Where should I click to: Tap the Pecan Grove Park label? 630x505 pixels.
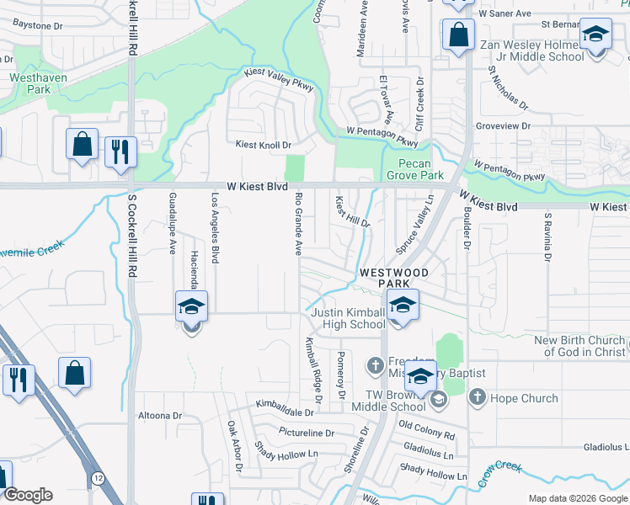(x=414, y=170)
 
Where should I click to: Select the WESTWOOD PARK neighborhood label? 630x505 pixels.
(x=395, y=279)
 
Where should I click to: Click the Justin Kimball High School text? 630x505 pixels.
(x=348, y=319)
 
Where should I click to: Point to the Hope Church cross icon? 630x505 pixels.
(x=477, y=397)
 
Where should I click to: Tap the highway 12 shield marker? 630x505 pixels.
(x=99, y=479)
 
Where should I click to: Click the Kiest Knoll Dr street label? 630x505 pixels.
(x=263, y=145)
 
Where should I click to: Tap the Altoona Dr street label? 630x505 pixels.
(x=160, y=416)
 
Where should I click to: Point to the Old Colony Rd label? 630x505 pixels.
(x=426, y=429)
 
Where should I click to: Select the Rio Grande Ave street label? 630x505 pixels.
(x=298, y=224)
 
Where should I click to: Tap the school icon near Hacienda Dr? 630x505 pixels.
(x=191, y=307)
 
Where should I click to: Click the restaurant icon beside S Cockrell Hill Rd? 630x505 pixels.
(x=120, y=152)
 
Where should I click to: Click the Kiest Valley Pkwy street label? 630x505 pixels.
(x=279, y=79)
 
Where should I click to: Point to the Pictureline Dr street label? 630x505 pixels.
(x=300, y=433)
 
